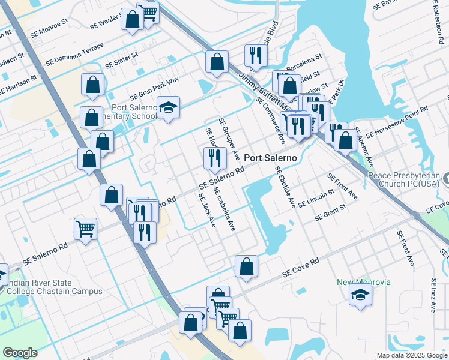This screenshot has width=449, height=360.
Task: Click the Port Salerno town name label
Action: click(x=270, y=157)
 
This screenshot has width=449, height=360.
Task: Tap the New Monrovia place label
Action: click(x=363, y=282)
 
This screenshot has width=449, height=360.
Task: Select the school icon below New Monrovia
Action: click(x=360, y=295)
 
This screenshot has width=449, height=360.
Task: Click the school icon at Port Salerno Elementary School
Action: click(x=169, y=108)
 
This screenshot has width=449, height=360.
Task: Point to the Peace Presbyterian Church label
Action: click(x=405, y=178)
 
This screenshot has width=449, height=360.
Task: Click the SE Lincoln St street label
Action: click(x=316, y=198)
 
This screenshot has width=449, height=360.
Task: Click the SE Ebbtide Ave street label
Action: click(x=285, y=187)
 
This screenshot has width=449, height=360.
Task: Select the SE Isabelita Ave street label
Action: click(x=224, y=209)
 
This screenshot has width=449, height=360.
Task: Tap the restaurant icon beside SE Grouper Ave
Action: click(x=214, y=158)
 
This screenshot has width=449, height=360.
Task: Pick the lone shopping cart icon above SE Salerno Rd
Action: click(x=85, y=229)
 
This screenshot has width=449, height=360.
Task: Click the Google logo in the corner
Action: click(x=20, y=353)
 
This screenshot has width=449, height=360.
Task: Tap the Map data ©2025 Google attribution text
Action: click(x=412, y=355)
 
